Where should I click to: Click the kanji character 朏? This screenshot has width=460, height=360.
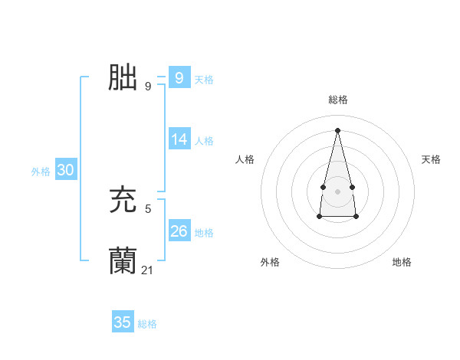(x=123, y=77)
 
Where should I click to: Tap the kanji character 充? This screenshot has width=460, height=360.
(x=123, y=201)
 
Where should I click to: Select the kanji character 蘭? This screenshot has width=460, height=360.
(x=123, y=260)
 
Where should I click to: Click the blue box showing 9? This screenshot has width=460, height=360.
(x=179, y=77)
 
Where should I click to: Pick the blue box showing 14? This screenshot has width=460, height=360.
(x=179, y=139)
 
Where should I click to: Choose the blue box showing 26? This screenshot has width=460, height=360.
(x=179, y=231)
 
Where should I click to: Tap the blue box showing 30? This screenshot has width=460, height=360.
(x=65, y=171)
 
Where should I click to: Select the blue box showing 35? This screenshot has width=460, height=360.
(x=123, y=322)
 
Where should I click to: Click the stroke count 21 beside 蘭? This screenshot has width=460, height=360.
(x=148, y=270)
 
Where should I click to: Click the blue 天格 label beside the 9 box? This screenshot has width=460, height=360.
(x=204, y=79)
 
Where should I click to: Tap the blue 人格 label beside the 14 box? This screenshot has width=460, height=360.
(x=204, y=141)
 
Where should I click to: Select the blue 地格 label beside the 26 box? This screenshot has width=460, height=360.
(x=204, y=233)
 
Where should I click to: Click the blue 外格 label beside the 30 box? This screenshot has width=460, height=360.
(x=41, y=172)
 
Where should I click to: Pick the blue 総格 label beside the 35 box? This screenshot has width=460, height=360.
(x=147, y=324)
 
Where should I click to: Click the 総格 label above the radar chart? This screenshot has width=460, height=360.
(x=337, y=100)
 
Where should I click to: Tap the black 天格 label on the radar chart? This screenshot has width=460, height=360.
(x=431, y=159)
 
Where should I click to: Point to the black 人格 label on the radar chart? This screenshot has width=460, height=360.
(x=245, y=159)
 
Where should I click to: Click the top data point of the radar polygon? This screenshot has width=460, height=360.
(x=337, y=129)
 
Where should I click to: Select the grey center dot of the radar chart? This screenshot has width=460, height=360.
(x=337, y=191)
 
